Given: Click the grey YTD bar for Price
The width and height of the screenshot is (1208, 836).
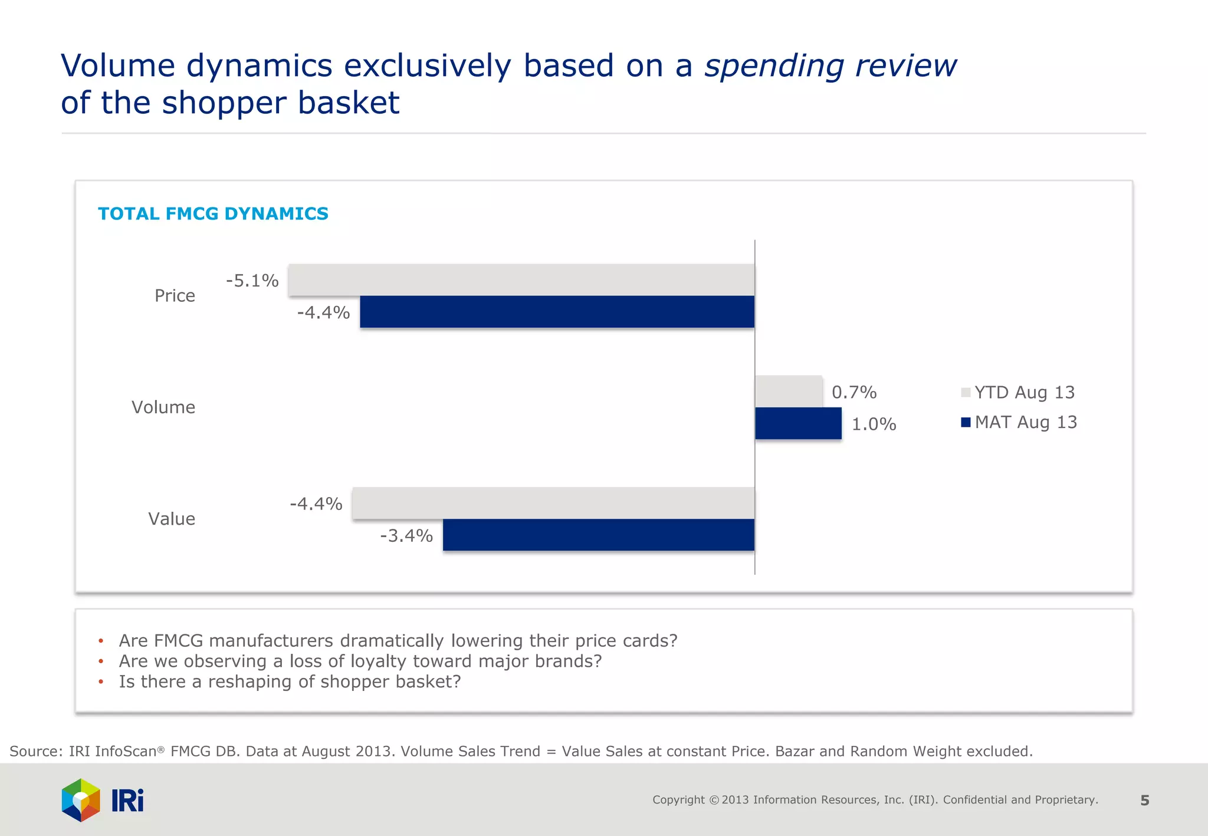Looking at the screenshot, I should point(521,280).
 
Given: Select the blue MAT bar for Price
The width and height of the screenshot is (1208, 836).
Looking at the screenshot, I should point(557,312).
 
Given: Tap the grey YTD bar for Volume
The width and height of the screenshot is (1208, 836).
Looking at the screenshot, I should point(789,391).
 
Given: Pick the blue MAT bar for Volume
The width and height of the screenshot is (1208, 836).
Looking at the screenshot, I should point(798,424).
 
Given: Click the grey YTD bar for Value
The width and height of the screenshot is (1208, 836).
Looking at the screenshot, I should point(553,503).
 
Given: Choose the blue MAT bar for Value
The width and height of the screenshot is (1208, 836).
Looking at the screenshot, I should point(598,535).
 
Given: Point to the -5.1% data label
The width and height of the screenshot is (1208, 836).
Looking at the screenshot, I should point(252,281).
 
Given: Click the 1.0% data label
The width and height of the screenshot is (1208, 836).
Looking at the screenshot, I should point(874,424).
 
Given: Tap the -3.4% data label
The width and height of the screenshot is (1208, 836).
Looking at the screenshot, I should point(406,536).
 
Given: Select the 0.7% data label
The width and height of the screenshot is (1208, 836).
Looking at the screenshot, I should point(854,393).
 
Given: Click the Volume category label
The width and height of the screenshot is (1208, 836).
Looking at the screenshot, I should point(163,407).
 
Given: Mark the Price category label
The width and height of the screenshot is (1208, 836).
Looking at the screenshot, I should point(175,296).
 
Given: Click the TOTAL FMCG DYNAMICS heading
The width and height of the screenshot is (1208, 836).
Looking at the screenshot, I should point(213,214).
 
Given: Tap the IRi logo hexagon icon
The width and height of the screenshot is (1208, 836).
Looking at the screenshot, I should point(81,800).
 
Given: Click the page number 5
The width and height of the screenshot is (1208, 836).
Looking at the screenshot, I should point(1144,801).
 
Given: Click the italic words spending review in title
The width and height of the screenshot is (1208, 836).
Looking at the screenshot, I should point(830,65).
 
